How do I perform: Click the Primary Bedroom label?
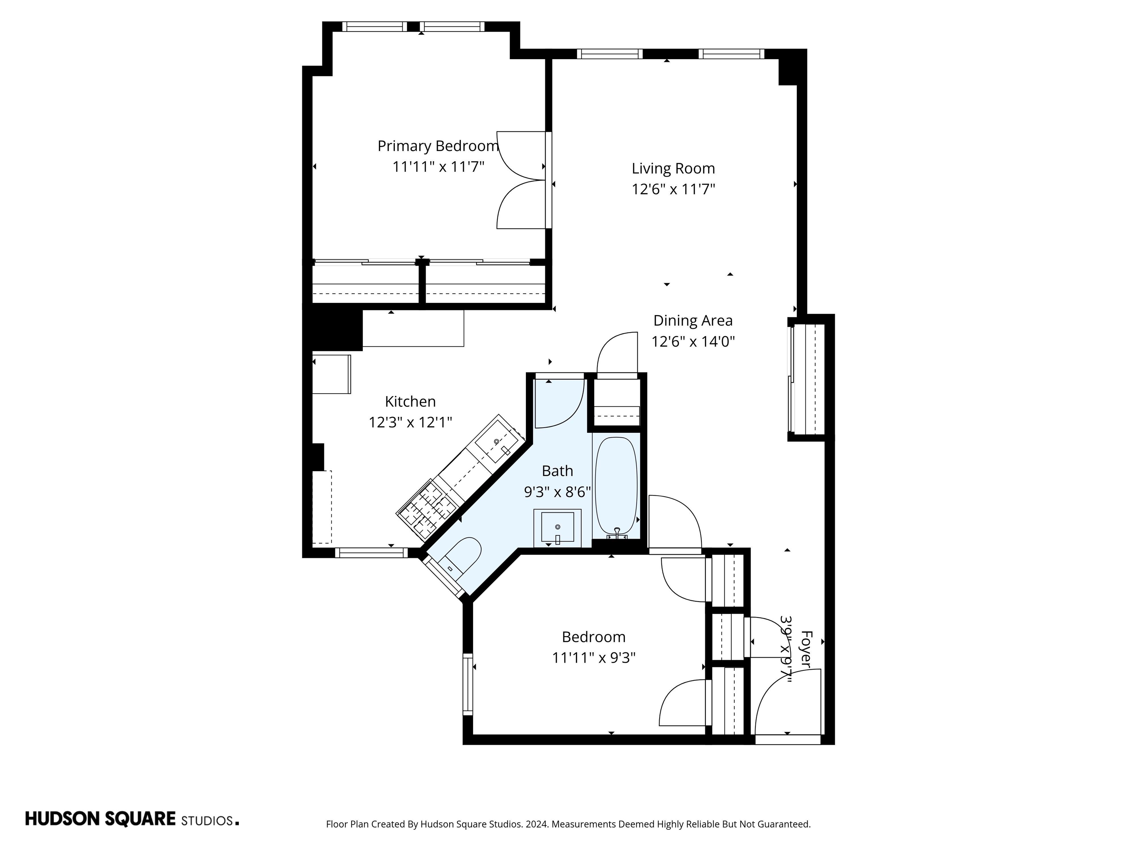pos(438,146)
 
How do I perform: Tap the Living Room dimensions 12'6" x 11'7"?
pos(673,189)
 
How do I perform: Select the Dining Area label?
pos(692,320)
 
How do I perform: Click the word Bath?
pos(557,471)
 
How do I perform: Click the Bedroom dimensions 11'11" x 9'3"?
pos(594,658)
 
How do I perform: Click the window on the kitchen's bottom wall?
pos(371,553)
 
